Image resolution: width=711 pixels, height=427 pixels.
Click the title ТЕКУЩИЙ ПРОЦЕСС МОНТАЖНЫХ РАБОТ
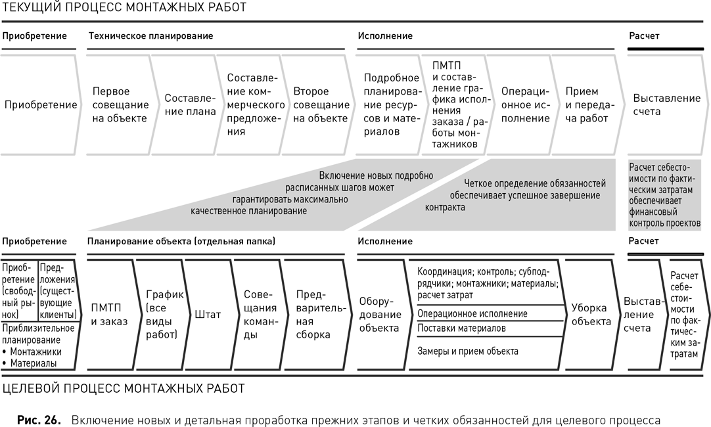point(124,8)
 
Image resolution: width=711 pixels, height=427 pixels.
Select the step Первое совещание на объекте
point(120,105)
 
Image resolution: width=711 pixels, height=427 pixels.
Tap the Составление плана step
point(190,105)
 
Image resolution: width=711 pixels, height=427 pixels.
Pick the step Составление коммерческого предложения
point(250,105)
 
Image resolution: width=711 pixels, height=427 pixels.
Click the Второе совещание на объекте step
point(321,105)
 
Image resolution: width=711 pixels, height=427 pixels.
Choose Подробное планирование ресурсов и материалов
point(391,105)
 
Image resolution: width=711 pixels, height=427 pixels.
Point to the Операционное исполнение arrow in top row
point(525,105)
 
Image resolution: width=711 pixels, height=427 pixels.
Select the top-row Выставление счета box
point(666,105)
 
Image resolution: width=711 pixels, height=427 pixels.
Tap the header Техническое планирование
point(150,35)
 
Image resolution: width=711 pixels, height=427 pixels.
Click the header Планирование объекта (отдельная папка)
point(181,241)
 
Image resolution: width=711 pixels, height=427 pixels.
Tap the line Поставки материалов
point(462,328)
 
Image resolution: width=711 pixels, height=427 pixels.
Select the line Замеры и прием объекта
point(468,351)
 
